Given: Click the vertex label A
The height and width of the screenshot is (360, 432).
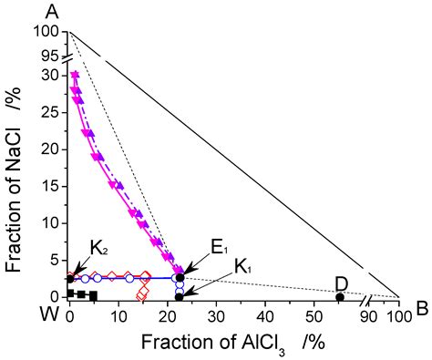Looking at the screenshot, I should click(x=41, y=11).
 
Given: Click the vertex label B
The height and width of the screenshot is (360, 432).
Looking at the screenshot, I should click(x=421, y=308).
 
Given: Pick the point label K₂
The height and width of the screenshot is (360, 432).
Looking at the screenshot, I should click(x=99, y=247).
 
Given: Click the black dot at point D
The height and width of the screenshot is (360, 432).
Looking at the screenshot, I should click(x=340, y=296).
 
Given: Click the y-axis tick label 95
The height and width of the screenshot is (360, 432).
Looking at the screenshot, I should click(x=53, y=55).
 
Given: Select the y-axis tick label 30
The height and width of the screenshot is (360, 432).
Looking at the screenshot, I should click(x=53, y=75).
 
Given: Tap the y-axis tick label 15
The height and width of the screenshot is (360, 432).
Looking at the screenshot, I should click(x=53, y=186).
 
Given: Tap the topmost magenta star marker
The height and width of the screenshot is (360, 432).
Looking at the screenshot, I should click(x=75, y=75).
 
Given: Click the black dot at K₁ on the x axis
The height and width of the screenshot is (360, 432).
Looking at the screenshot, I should click(x=180, y=296).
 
